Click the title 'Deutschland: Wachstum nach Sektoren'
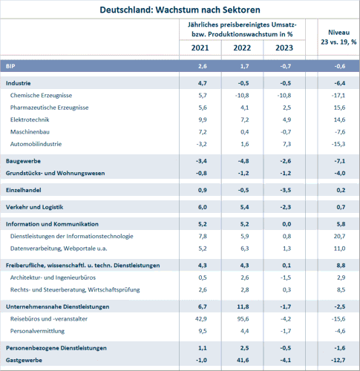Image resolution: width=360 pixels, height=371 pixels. pyautogui.click(x=180, y=10)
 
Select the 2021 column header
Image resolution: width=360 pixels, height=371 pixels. pyautogui.click(x=200, y=47)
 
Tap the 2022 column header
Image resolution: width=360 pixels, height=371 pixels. pyautogui.click(x=242, y=47)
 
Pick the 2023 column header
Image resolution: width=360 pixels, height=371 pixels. pyautogui.click(x=284, y=47)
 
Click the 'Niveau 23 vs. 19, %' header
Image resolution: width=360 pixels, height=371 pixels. pyautogui.click(x=338, y=37)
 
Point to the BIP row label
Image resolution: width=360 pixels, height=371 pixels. pyautogui.click(x=10, y=66)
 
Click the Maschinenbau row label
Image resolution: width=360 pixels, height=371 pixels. pyautogui.click(x=30, y=132)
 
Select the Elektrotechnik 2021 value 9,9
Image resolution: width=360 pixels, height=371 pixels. pyautogui.click(x=203, y=119)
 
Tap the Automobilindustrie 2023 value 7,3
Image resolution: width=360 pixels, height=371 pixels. pyautogui.click(x=287, y=144)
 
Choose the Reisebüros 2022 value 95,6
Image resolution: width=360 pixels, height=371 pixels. pyautogui.click(x=243, y=319)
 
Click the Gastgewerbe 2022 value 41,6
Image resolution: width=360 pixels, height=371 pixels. pyautogui.click(x=243, y=360)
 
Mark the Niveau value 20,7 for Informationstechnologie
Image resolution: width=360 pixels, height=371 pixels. pyautogui.click(x=339, y=236)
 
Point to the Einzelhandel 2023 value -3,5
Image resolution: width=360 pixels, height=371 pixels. pyautogui.click(x=286, y=190)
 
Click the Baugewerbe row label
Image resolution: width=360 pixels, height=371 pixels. pyautogui.click(x=23, y=161)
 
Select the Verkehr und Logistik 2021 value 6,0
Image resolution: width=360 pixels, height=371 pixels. pyautogui.click(x=203, y=207)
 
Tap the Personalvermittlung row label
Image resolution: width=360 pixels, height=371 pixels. pyautogui.click(x=37, y=331)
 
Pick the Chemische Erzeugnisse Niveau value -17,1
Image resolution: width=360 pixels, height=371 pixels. pyautogui.click(x=338, y=96)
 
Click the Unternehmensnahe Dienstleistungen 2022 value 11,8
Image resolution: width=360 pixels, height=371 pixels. pyautogui.click(x=243, y=306)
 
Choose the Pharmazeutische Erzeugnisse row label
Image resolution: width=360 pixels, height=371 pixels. pyautogui.click(x=49, y=108)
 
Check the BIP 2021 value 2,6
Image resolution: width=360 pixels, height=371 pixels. pyautogui.click(x=203, y=66)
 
